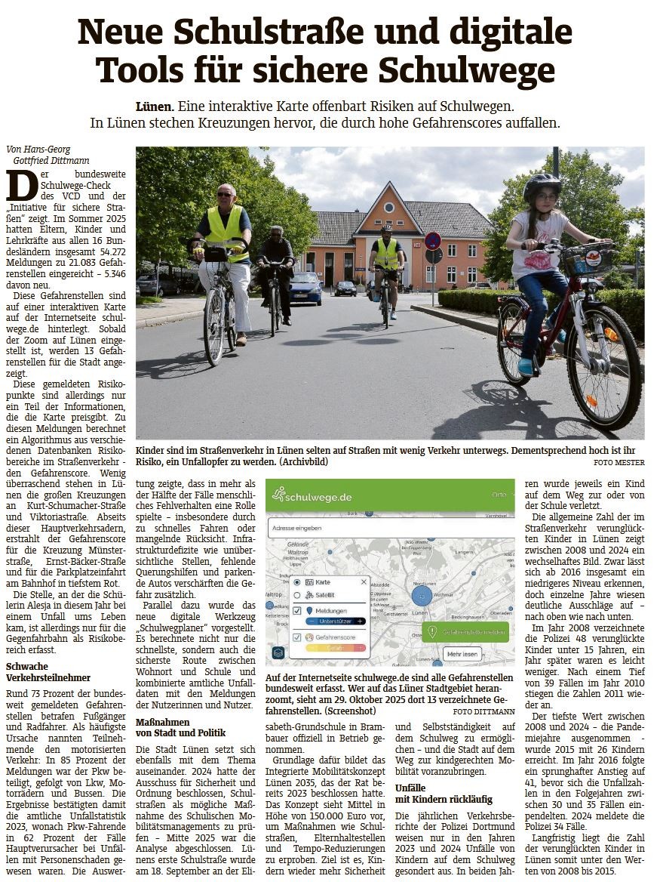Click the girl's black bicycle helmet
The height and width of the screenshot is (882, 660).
[542, 183]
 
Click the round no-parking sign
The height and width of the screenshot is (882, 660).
[432, 241]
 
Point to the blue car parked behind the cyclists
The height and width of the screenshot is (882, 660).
[305, 288]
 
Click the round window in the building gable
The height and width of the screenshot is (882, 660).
[389, 207]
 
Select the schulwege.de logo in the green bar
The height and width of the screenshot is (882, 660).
[312, 496]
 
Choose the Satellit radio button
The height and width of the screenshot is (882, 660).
[298, 595]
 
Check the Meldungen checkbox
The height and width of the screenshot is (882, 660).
[298, 609]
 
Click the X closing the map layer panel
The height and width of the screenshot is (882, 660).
[364, 581]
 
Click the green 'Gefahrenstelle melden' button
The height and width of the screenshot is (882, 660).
[465, 631]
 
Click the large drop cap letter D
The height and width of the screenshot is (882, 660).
[20, 186]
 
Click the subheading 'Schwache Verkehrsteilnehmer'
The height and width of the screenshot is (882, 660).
[48, 672]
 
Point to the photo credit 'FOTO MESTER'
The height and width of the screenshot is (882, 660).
[619, 462]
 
